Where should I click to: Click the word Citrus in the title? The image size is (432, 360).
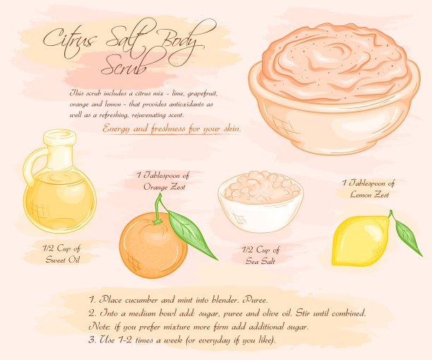click(69, 40)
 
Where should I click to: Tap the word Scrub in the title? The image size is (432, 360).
click(124, 66)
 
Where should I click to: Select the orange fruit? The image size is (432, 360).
click(153, 245)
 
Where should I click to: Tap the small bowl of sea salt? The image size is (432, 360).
click(260, 201)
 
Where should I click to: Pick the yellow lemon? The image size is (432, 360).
click(361, 241)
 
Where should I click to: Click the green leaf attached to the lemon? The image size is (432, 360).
click(408, 236)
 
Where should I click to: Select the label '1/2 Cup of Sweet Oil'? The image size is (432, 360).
click(62, 254)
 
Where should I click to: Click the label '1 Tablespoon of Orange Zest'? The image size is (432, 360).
click(164, 181)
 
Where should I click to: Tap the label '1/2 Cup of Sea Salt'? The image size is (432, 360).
click(260, 255)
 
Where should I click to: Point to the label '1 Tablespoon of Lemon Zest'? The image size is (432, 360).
click(369, 189)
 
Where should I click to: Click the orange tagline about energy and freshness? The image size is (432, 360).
click(172, 129)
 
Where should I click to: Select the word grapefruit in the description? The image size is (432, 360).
click(203, 94)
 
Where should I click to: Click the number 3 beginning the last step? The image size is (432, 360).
click(92, 340)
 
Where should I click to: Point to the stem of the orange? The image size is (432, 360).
click(158, 209)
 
